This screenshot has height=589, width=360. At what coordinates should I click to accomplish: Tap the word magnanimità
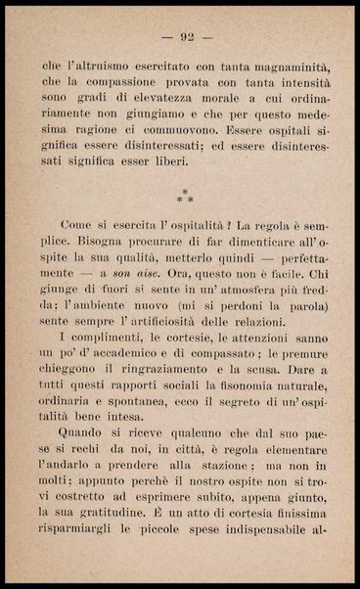(x=279, y=66)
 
